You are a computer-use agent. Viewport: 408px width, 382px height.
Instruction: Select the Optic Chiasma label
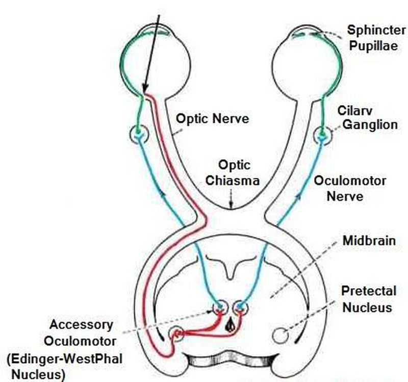[x=235, y=172]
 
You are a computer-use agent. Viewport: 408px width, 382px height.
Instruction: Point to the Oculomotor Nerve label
[x=350, y=188]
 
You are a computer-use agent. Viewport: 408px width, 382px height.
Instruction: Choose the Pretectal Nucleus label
[x=369, y=299]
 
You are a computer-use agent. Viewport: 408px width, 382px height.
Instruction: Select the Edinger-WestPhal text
[x=64, y=359]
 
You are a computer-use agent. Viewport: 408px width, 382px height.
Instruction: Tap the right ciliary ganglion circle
[x=322, y=135]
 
